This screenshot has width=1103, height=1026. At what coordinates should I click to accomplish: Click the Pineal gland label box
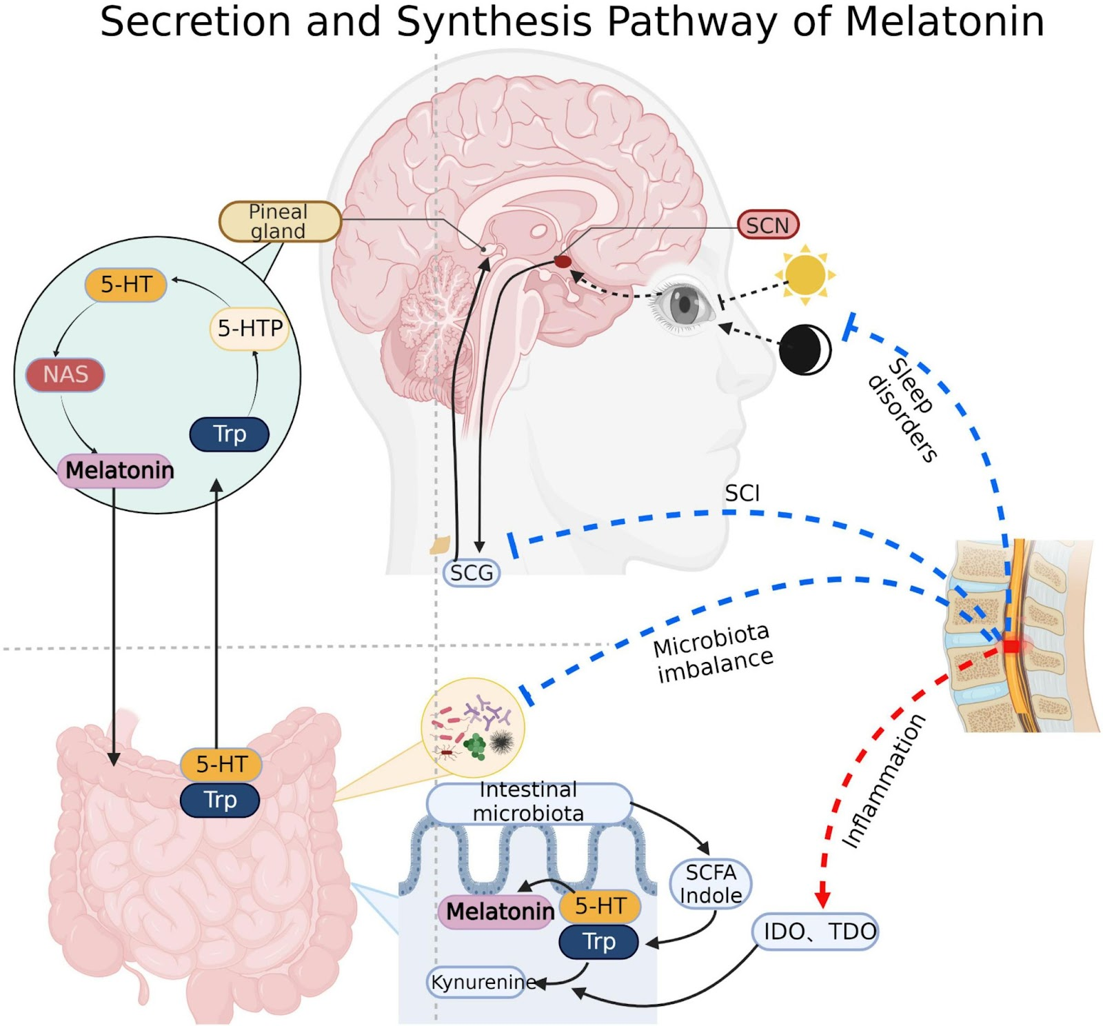[279, 221]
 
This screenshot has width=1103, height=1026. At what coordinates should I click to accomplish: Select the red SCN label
[767, 225]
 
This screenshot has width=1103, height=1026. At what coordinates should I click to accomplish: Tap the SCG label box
[472, 572]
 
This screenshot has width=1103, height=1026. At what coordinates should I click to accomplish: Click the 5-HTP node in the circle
[250, 328]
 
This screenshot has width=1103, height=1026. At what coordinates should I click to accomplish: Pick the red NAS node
[65, 374]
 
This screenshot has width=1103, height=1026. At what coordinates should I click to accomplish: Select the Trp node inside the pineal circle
[229, 434]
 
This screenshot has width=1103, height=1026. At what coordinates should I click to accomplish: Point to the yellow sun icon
[805, 274]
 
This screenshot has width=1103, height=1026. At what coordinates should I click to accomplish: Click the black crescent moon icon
[804, 350]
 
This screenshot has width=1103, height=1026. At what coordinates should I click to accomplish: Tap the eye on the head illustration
[684, 303]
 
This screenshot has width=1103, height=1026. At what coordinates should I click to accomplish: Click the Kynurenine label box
[482, 981]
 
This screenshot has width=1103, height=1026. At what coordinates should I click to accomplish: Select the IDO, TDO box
[815, 932]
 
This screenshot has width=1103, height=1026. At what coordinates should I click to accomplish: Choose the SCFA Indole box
[711, 883]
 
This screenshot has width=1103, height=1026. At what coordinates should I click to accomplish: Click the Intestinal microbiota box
[529, 802]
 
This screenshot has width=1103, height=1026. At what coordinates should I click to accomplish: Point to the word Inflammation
[884, 781]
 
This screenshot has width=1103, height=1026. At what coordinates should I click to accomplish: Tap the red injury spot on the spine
[1011, 646]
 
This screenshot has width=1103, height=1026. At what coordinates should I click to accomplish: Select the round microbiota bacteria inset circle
[473, 728]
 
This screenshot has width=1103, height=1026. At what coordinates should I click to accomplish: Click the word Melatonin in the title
[944, 22]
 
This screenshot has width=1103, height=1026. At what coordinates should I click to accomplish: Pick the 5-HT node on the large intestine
[221, 764]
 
